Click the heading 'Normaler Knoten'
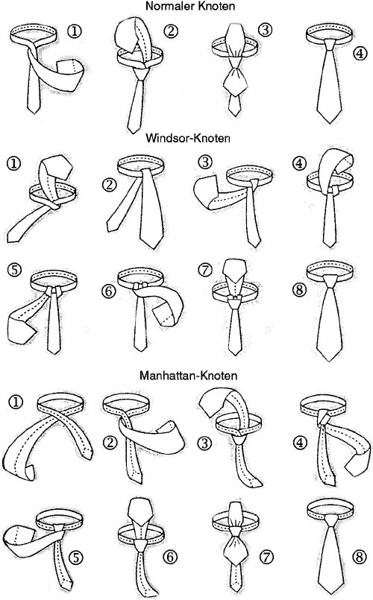coord(190,7)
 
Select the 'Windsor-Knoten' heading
coord(188,138)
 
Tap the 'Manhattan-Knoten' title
coord(189,375)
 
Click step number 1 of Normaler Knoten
coord(75,31)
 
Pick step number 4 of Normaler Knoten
coord(360,54)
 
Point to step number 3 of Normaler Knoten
coord(265,30)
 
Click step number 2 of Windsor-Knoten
coord(109,185)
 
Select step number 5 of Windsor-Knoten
coord(15,270)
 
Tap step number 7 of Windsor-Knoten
coord(205,270)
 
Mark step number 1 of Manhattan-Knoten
coord(16,402)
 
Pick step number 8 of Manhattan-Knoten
coord(360,557)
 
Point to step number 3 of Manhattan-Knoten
coord(204,443)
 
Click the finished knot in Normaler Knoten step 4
coord(329,44)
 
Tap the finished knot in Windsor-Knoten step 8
coord(329,284)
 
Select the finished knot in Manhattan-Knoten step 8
coord(330,521)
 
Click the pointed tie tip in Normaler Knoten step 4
coord(330,123)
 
